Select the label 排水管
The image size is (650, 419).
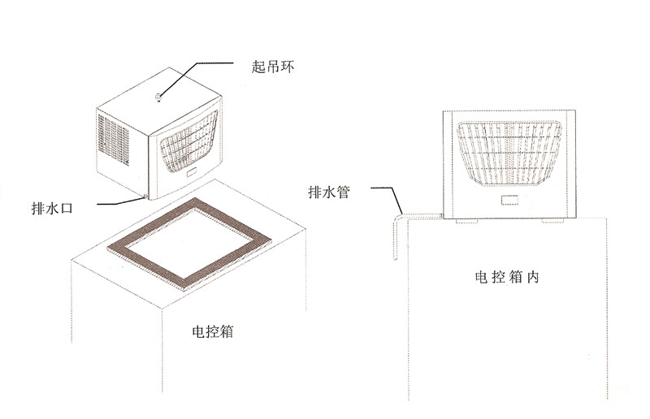coord(329,192)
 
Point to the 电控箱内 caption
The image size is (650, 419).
coord(507,276)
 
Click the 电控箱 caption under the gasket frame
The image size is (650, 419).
coord(214,331)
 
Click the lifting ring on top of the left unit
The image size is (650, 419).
coord(158,99)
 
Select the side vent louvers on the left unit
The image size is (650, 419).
coord(114,138)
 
